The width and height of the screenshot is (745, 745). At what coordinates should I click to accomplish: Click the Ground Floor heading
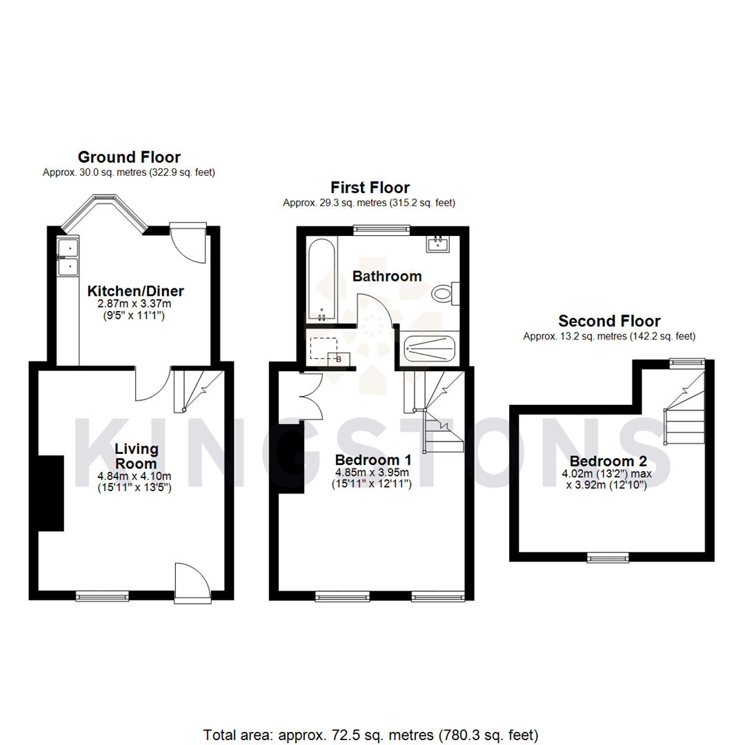129,157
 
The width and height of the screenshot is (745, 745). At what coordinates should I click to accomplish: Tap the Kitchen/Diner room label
135,290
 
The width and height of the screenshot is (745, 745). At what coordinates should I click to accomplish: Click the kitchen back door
188,243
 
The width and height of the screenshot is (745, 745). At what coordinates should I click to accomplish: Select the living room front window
102,595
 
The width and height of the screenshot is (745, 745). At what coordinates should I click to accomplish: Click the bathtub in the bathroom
321,279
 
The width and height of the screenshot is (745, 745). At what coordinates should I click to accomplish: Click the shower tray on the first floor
430,349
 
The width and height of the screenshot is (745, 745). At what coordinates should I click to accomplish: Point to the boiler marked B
339,358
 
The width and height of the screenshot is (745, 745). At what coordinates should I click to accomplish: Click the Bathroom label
387,277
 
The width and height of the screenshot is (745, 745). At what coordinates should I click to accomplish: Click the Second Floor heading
609,321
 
